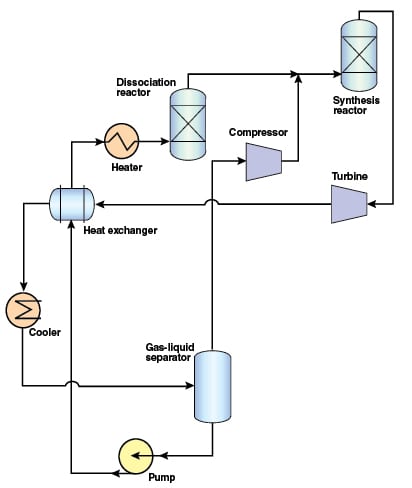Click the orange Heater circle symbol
pyautogui.click(x=121, y=141)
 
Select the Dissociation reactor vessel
pyautogui.click(x=188, y=124)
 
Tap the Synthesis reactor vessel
pyautogui.click(x=359, y=55)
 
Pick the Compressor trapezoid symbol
pyautogui.click(x=264, y=162)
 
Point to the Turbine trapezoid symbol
pyautogui.click(x=349, y=204)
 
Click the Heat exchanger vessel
pyautogui.click(x=72, y=204)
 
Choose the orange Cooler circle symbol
pyautogui.click(x=23, y=310)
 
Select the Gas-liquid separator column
pyautogui.click(x=212, y=386)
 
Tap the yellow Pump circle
pyautogui.click(x=136, y=456)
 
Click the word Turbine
pyautogui.click(x=350, y=176)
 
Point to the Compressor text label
pyautogui.click(x=258, y=132)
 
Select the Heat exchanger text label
pyautogui.click(x=120, y=230)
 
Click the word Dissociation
pyautogui.click(x=146, y=82)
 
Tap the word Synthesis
pyautogui.click(x=356, y=100)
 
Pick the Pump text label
pyautogui.click(x=161, y=477)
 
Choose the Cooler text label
pyautogui.click(x=45, y=332)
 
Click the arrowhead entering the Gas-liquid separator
pyautogui.click(x=190, y=386)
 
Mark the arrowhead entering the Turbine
pyautogui.click(x=372, y=204)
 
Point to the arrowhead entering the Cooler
pyautogui.click(x=23, y=286)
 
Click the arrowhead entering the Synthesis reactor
pyautogui.click(x=337, y=74)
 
